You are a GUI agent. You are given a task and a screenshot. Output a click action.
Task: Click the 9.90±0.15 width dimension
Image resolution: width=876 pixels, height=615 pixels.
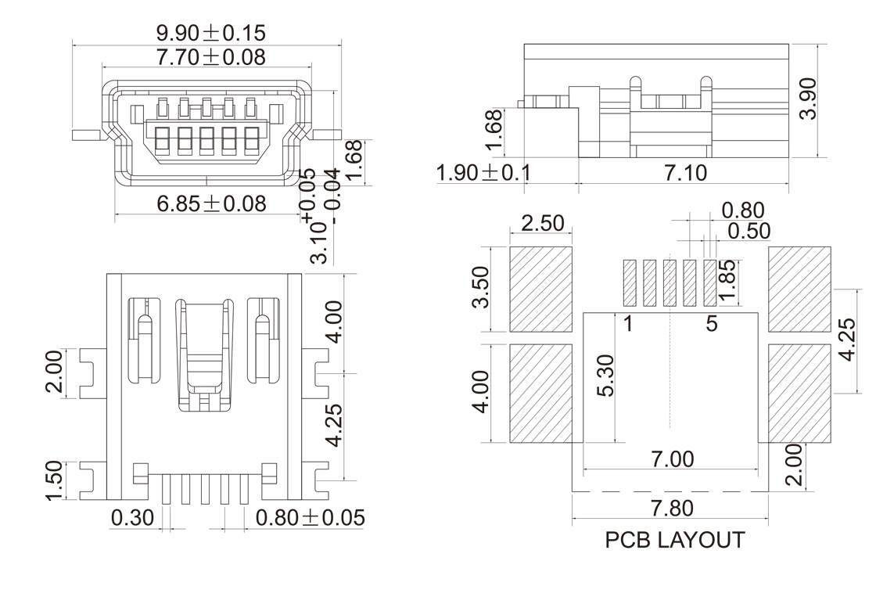pos(211,33)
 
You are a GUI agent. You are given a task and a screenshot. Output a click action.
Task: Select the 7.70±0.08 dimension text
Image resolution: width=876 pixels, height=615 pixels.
pos(211,57)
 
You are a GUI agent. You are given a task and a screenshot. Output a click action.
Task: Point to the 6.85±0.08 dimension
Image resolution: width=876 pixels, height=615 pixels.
pos(211,204)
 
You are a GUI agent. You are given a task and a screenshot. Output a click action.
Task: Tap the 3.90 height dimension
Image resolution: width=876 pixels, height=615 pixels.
pos(808,98)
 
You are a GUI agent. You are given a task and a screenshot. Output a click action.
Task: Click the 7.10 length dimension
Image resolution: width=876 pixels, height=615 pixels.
pos(685,173)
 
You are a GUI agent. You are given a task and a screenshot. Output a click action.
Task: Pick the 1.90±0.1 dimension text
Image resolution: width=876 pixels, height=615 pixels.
pos(483,173)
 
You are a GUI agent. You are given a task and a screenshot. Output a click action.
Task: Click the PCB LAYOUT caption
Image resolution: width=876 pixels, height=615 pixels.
pos(675,541)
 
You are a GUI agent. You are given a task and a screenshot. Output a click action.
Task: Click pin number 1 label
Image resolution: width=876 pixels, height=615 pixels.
pos(627,323)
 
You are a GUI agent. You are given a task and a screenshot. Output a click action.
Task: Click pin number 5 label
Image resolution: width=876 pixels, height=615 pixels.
pos(712,323)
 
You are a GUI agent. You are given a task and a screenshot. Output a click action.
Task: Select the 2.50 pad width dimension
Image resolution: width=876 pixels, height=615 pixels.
pos(543,223)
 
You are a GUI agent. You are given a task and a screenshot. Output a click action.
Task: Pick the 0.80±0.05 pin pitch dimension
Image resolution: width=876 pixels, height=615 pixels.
pos(310,517)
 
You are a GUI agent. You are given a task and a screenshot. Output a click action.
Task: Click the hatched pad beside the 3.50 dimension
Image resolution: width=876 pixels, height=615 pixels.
pos(540,289)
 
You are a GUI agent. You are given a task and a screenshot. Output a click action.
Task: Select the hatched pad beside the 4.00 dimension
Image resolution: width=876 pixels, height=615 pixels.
pos(540,393)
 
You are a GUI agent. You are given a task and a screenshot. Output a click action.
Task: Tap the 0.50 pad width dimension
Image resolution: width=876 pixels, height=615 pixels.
pos(749,231)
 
